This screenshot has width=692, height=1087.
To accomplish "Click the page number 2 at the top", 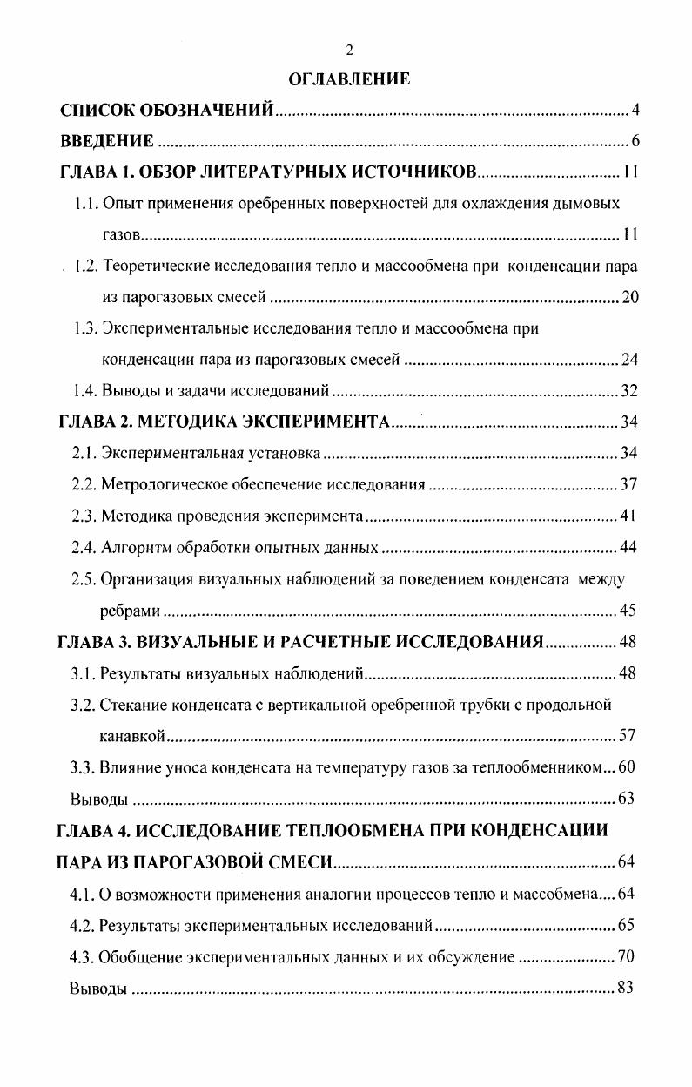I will coord(349,49).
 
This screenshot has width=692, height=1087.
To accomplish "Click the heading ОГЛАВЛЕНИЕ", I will coord(348,79).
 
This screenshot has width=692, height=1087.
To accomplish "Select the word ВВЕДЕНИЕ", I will coord(107,141).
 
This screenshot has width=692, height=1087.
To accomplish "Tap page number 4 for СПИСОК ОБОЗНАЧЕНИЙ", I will coord(636,111).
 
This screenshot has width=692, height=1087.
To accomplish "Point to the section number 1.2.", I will coord(85,267).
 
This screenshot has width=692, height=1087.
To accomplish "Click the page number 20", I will coord(631,299).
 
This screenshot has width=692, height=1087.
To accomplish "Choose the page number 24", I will coord(631,359).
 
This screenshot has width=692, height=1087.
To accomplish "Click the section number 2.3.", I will coord(84,516).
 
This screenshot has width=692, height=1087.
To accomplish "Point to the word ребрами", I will coord(131,610).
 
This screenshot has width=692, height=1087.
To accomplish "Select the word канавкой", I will coord(132,737).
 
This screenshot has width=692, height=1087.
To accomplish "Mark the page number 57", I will coord(628,737).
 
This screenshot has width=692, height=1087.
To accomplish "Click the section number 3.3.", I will coord(84,767).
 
